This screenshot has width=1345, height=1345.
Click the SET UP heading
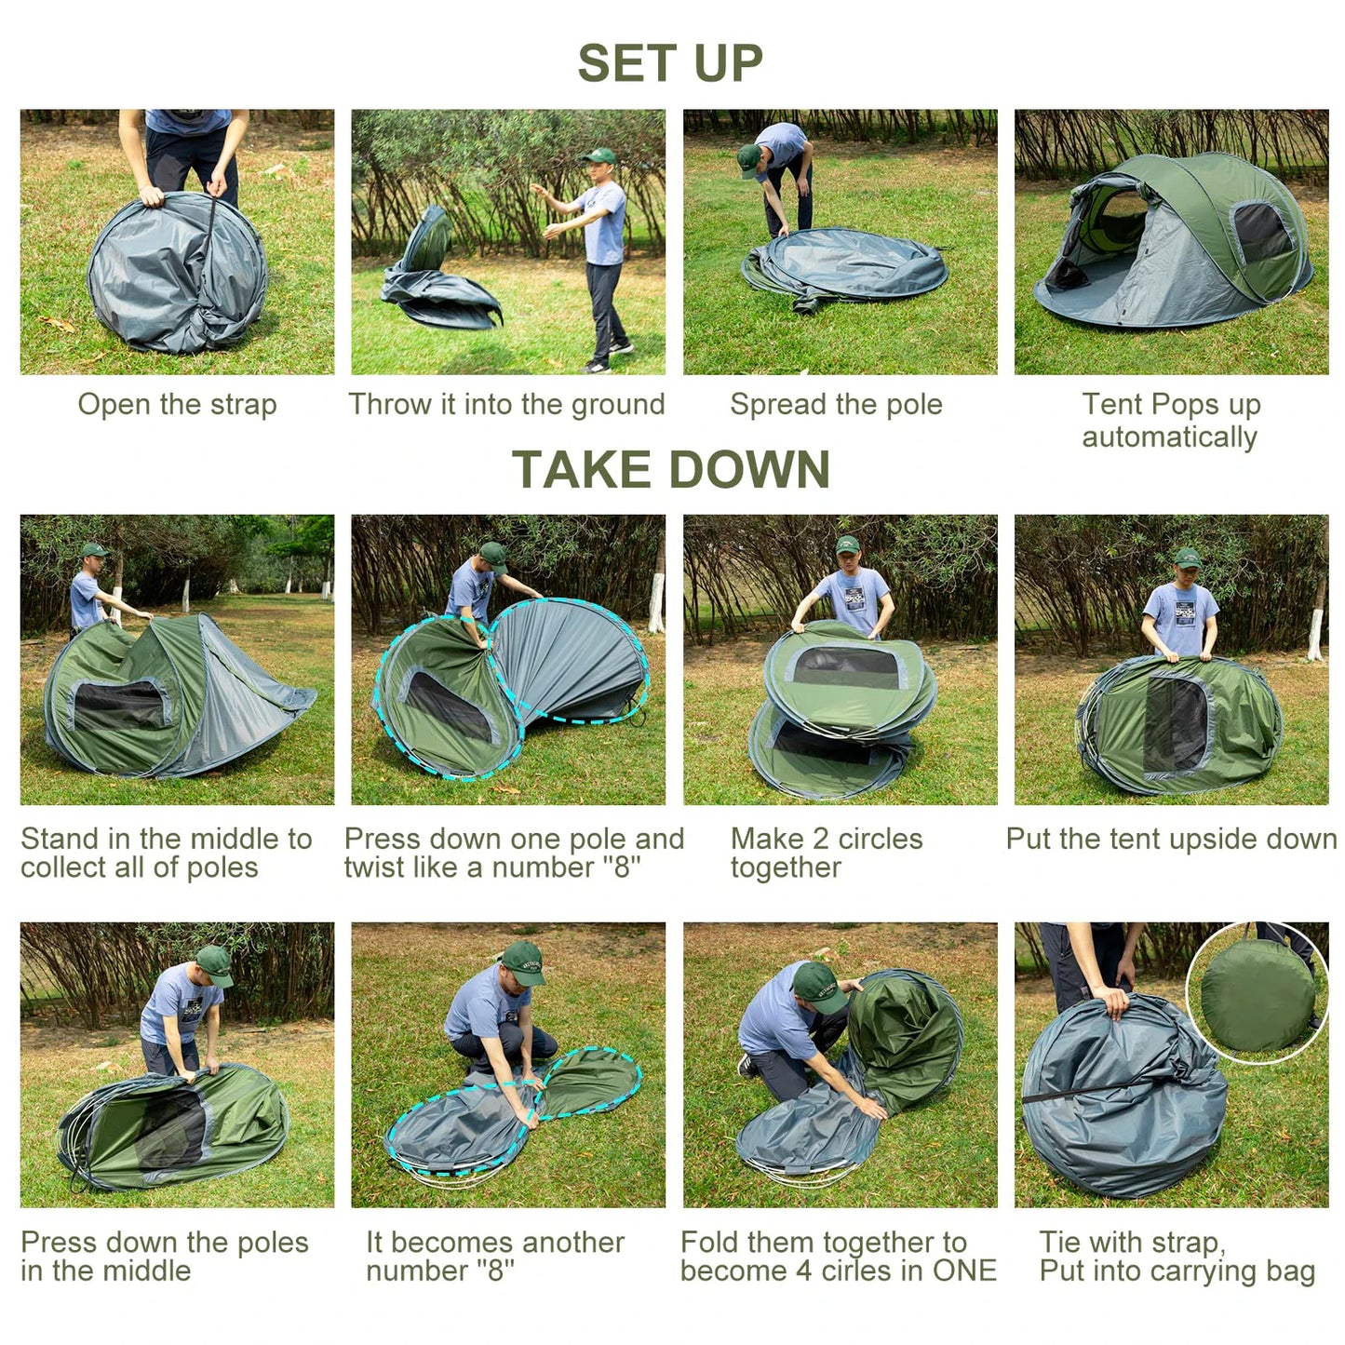670,63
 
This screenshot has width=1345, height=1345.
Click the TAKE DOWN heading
670,469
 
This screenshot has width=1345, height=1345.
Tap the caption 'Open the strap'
177,405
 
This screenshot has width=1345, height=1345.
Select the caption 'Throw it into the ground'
506,405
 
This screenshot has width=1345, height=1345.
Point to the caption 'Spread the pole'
836,405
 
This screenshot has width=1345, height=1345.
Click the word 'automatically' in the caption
1169,437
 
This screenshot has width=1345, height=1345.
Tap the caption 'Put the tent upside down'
1171,839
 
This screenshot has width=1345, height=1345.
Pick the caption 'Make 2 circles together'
827,853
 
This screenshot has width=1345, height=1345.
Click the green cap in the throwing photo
600,155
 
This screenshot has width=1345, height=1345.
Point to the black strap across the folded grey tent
1080,1094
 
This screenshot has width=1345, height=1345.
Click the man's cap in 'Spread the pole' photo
748,159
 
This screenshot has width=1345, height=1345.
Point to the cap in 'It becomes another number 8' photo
521,961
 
